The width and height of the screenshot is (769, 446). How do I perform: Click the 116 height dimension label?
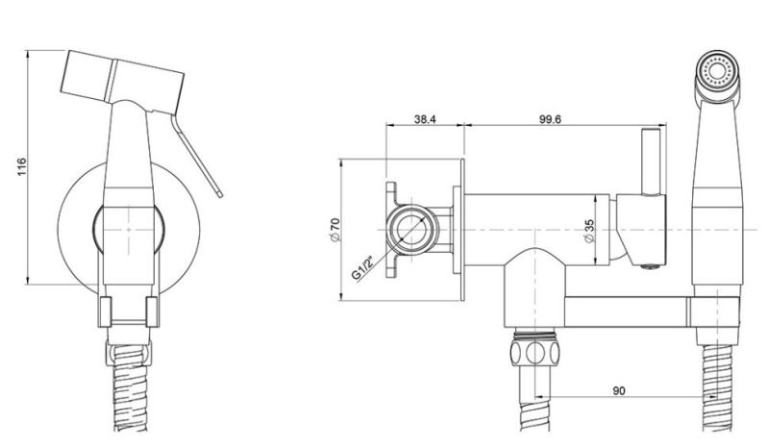tap(21, 167)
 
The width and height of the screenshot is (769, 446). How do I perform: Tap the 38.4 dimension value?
tap(425, 119)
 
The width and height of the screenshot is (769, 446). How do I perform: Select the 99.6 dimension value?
tap(550, 119)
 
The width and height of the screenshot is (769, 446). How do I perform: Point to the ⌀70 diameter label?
tap(335, 230)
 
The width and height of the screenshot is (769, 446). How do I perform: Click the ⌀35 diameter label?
tap(589, 230)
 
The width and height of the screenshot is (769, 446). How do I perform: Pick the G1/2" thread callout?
tap(363, 268)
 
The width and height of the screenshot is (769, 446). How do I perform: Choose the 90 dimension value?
tap(619, 390)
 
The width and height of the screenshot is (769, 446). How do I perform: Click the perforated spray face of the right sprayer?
tap(718, 68)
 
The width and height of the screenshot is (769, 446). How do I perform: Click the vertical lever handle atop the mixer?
tap(651, 161)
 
